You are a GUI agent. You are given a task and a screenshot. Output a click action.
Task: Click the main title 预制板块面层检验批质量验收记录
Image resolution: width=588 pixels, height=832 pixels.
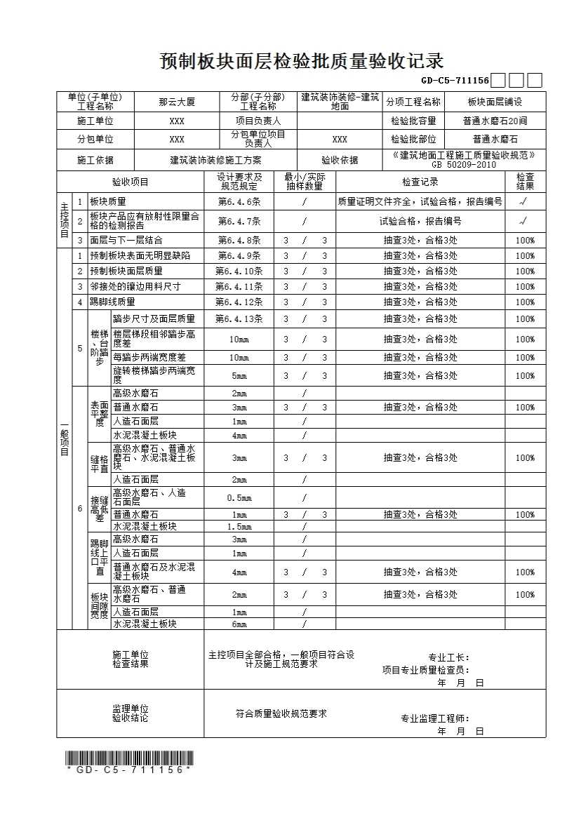tap(302, 62)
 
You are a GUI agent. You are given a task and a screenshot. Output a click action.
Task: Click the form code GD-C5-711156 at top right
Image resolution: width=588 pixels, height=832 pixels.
tap(455, 81)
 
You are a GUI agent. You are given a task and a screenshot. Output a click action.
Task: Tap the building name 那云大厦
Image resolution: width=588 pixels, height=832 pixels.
tap(177, 102)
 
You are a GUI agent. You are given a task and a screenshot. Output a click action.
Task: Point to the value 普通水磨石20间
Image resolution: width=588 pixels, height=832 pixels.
tap(495, 121)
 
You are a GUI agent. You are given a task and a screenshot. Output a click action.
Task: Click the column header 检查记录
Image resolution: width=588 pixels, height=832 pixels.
tap(420, 182)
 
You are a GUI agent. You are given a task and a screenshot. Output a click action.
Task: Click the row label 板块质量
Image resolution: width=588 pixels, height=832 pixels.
tap(108, 201)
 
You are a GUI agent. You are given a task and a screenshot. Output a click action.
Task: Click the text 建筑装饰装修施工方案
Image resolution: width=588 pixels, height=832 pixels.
tap(215, 160)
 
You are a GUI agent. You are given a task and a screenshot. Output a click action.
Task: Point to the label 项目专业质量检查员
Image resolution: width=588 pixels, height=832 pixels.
tap(425, 670)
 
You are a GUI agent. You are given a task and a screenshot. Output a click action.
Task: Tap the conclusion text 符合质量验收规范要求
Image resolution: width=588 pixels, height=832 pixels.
tap(281, 714)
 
